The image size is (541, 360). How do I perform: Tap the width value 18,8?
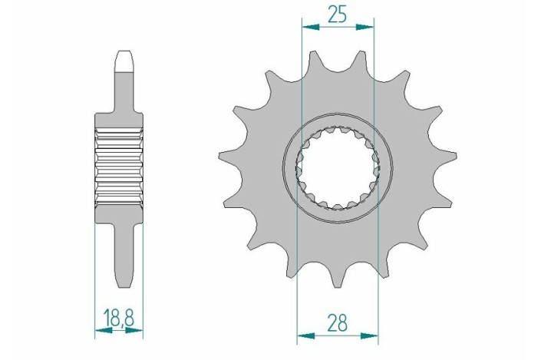tap(119, 317)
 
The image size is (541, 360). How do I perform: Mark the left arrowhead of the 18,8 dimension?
tap(99, 332)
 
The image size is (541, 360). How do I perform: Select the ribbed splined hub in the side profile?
tap(119, 167)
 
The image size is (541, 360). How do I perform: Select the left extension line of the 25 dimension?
tap(303, 77)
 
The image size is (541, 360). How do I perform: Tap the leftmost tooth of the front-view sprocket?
tap(223, 157)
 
